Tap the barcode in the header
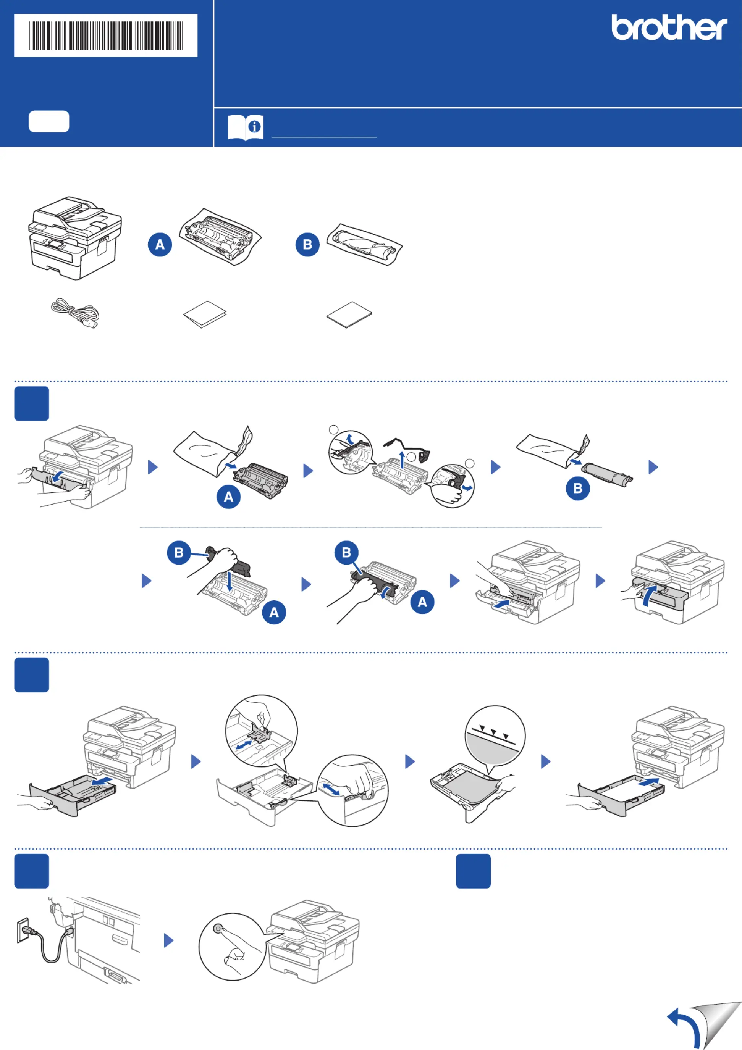pyautogui.click(x=106, y=35)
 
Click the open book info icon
pyautogui.click(x=245, y=127)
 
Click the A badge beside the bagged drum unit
pyautogui.click(x=160, y=245)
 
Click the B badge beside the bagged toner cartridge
pyautogui.click(x=307, y=245)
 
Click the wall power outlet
pyautogui.click(x=23, y=930)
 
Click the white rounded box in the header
pyautogui.click(x=49, y=121)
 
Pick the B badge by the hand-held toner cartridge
pyautogui.click(x=179, y=552)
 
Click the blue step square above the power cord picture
pyautogui.click(x=32, y=871)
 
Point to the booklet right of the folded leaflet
pyautogui.click(x=349, y=314)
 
